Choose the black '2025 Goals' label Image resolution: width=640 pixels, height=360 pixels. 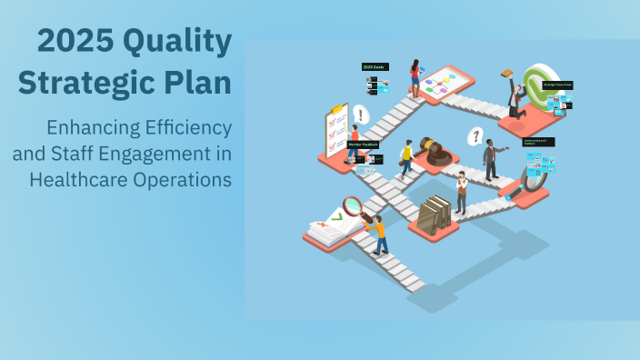click(375, 66)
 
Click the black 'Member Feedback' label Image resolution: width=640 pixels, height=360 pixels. click(363, 144)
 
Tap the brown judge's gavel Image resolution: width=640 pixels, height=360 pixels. click(435, 152)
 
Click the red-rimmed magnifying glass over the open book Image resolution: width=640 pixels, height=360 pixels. click(354, 206)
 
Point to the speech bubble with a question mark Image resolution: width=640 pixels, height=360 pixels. click(474, 136)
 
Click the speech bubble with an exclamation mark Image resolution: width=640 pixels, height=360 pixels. click(361, 115)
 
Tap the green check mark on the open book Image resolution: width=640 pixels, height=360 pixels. click(335, 216)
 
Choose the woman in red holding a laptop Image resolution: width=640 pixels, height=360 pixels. click(415, 77)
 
